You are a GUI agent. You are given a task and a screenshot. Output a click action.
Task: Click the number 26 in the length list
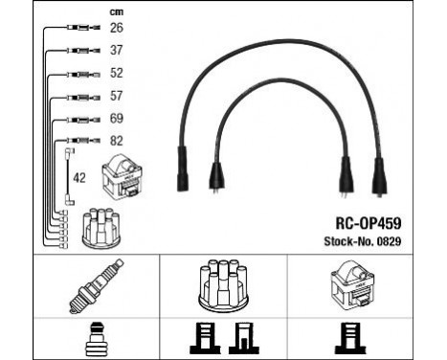[116, 28]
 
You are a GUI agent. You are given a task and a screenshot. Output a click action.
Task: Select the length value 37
[116, 51]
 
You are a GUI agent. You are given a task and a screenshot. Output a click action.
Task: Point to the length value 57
[116, 97]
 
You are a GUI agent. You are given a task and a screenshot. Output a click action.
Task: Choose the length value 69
[116, 119]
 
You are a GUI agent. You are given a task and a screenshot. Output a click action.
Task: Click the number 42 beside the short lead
[81, 176]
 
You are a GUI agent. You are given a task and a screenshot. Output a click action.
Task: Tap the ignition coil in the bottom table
[357, 284]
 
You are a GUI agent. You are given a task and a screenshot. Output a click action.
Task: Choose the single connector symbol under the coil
[357, 338]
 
